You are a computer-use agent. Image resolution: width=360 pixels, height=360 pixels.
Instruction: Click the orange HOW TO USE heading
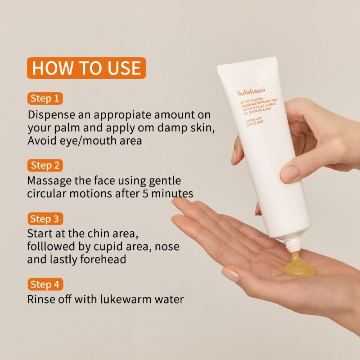pyautogui.click(x=86, y=68)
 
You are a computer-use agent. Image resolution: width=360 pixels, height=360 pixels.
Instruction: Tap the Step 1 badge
pyautogui.click(x=45, y=98)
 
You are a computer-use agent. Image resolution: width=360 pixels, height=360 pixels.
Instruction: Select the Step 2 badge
pyautogui.click(x=45, y=165)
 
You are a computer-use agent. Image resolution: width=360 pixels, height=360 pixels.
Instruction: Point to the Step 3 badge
pyautogui.click(x=45, y=219)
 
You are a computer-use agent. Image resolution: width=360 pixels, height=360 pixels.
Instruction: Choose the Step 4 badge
pyautogui.click(x=45, y=284)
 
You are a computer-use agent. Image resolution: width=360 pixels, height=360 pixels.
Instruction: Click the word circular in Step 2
pyautogui.click(x=47, y=194)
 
